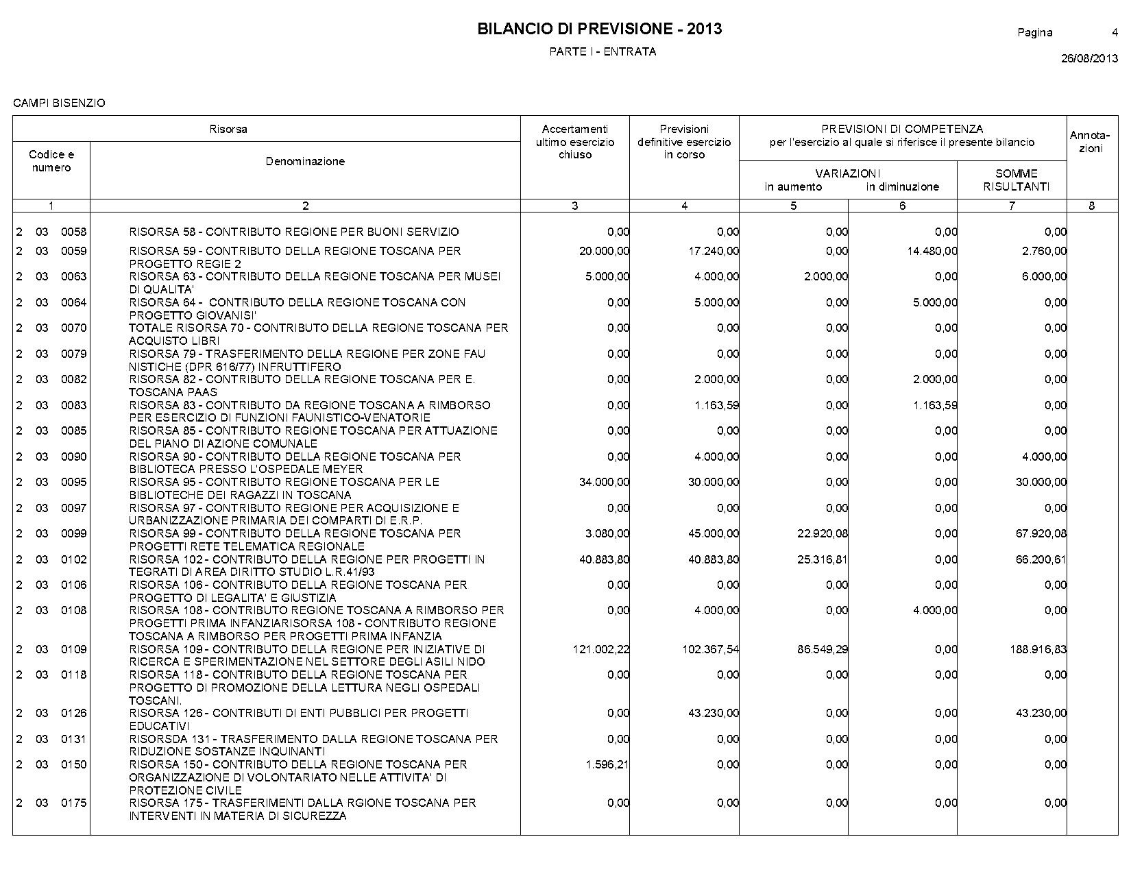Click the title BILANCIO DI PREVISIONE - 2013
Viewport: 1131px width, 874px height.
pyautogui.click(x=599, y=29)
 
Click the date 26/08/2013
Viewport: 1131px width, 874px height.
pyautogui.click(x=1089, y=58)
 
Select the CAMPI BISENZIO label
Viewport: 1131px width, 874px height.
pyautogui.click(x=59, y=103)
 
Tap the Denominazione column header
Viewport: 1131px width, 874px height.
pyautogui.click(x=305, y=161)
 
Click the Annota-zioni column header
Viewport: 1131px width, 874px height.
pyautogui.click(x=1091, y=142)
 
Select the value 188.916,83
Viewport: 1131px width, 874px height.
pyautogui.click(x=1038, y=649)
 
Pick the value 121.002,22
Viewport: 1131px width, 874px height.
pyautogui.click(x=600, y=649)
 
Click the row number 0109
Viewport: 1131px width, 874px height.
pyautogui.click(x=74, y=649)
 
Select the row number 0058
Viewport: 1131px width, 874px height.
pyautogui.click(x=74, y=232)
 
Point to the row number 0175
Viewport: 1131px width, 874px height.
pyautogui.click(x=74, y=803)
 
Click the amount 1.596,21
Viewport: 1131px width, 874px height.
pyautogui.click(x=607, y=764)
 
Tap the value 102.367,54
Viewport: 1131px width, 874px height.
pyautogui.click(x=711, y=649)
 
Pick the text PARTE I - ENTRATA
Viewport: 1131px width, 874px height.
pyautogui.click(x=603, y=51)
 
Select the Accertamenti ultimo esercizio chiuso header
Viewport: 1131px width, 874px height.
pyautogui.click(x=574, y=142)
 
